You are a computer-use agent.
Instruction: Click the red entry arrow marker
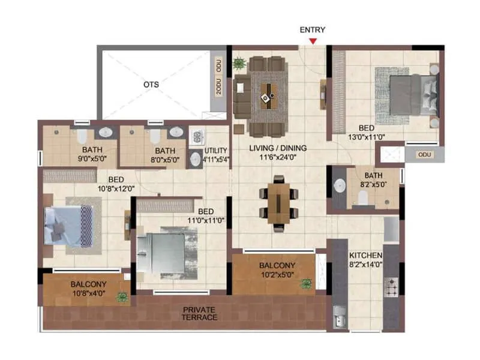[313, 41]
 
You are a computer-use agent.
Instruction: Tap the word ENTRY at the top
[313, 29]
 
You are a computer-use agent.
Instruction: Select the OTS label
[151, 85]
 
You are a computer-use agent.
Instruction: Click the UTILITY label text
[216, 151]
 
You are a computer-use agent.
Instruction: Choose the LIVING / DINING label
[277, 148]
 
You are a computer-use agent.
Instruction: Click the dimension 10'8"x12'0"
[116, 188]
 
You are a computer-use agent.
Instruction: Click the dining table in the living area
[278, 202]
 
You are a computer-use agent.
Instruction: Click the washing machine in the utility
[197, 136]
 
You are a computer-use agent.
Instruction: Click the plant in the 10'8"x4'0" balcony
[122, 296]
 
